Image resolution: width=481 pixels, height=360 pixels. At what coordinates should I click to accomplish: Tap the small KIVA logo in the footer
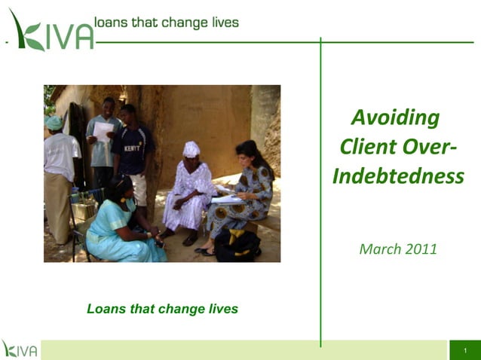coord(20,349)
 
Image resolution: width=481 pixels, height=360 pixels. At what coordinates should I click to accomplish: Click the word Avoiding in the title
coord(395,117)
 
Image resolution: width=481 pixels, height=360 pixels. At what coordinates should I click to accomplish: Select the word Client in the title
coord(367,147)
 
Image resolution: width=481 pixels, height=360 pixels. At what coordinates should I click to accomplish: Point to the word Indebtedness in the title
coord(398,176)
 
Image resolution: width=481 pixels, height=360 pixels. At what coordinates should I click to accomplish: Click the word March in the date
coord(378,249)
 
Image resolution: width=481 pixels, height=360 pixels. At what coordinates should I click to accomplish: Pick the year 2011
coord(419,249)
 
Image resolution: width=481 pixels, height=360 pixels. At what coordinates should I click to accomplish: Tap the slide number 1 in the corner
coord(466,351)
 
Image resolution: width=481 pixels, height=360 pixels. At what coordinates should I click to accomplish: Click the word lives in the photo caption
coord(222,309)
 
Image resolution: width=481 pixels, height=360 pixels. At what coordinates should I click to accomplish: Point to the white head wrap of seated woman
coord(191,148)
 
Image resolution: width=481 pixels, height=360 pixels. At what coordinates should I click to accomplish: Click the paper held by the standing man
coord(103,133)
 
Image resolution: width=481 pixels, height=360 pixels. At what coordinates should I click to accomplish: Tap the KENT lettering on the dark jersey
coord(133,148)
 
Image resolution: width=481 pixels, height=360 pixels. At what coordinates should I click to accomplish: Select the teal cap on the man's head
coord(54,123)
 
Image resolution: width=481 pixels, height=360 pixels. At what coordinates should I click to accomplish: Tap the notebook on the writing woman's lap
coord(226,200)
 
